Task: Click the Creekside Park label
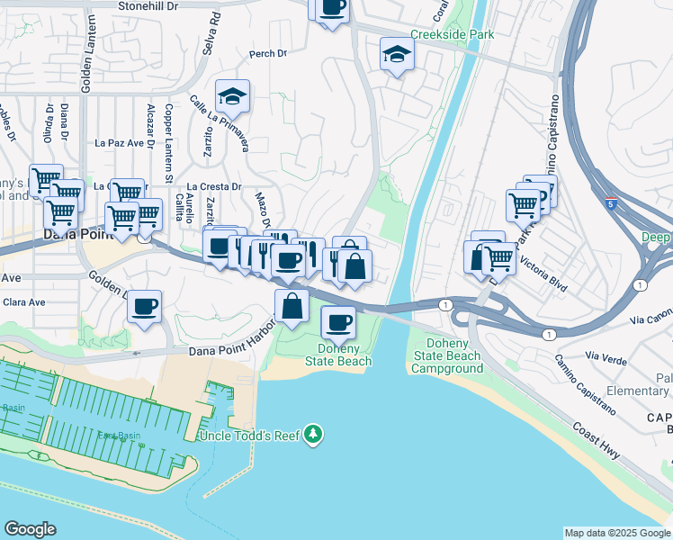coord(440,35)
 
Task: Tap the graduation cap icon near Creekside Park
coord(397,54)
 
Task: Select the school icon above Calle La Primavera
coord(232,96)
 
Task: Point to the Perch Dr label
coord(267,54)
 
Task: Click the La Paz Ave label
coord(120,142)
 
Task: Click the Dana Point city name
coord(76,234)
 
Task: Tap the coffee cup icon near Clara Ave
coord(144,306)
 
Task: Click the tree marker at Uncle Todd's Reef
coord(313,435)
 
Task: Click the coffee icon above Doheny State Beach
coord(338,320)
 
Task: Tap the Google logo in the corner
coord(30,529)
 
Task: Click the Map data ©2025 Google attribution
coord(617,533)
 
